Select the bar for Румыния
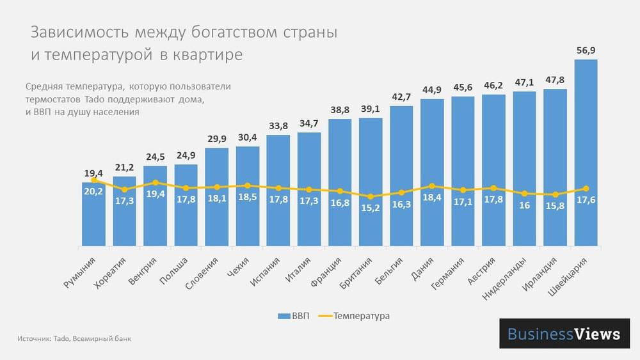pos(94,217)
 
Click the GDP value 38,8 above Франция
pos(340,110)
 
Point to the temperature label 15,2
pos(371,208)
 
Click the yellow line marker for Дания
pos(432,185)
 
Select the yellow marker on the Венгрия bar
pos(156,182)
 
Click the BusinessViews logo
pos(563,334)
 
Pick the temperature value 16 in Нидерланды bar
pos(524,206)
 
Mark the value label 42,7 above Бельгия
pos(401,97)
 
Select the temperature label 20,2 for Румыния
pos(94,191)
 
